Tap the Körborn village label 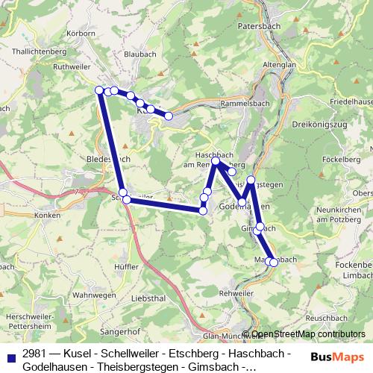point(81,35)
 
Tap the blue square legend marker point(10,353)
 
